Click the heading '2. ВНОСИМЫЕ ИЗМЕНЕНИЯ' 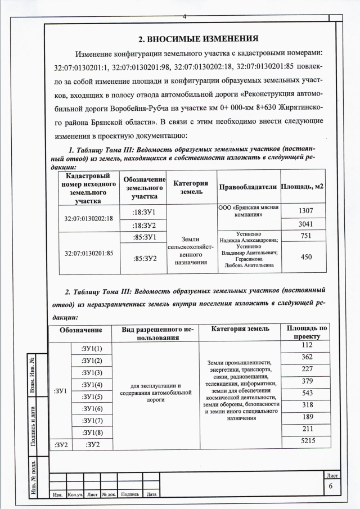point(198,39)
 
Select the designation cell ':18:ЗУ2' point(144,224)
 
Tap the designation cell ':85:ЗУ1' point(144,237)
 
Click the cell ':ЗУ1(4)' point(92,385)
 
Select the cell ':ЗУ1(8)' point(92,432)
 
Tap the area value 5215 point(307,443)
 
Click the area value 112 point(307,345)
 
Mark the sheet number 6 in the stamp point(331,487)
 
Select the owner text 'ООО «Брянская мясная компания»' point(248,211)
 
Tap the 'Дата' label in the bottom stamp point(151,494)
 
